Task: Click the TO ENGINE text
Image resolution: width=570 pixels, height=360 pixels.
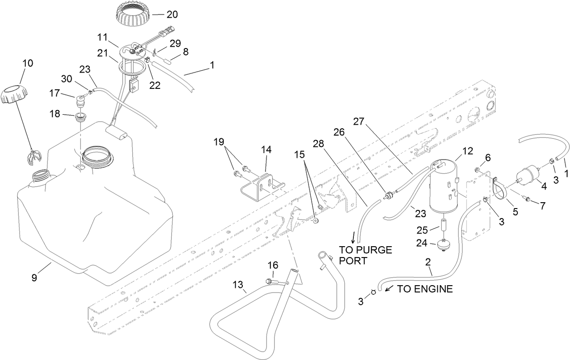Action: coord(425,289)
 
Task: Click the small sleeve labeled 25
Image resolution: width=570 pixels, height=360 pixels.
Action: coord(444,225)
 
